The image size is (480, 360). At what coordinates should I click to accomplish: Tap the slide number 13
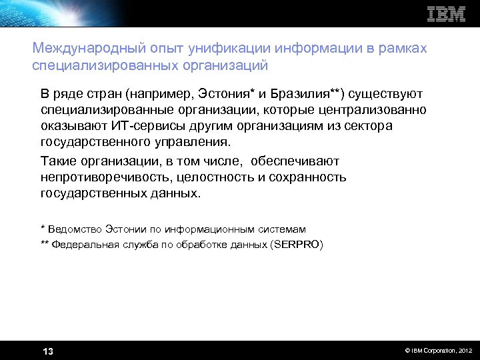48,351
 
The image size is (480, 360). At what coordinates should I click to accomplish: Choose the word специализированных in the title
102,65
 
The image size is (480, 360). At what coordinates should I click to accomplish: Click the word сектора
370,126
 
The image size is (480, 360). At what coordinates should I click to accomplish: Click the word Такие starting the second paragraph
58,161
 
